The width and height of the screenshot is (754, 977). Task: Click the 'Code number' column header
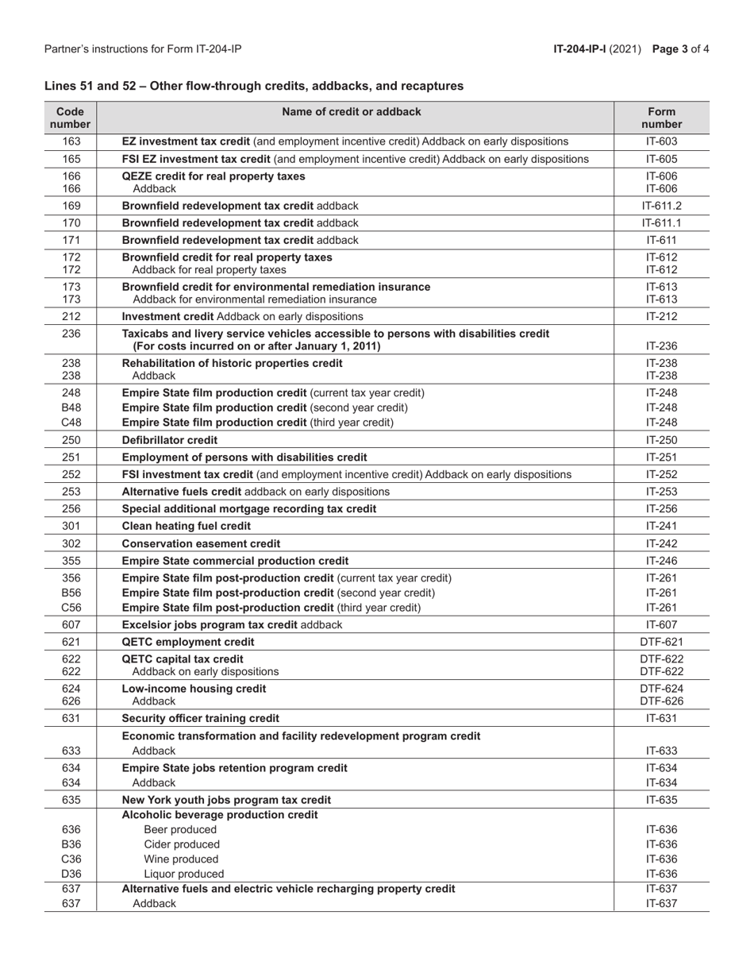[71, 118]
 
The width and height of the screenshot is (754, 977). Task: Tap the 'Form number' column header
[661, 118]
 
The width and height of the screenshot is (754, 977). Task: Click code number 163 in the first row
[71, 141]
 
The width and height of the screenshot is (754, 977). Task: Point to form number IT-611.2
[661, 206]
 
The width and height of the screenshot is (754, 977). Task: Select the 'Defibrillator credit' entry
[169, 440]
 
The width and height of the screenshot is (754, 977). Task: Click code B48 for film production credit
[71, 407]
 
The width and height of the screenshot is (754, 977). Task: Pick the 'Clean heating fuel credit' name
[186, 526]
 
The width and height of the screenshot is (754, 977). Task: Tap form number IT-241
[661, 526]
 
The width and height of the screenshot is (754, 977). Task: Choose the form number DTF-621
[661, 642]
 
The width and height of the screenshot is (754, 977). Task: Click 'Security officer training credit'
[200, 719]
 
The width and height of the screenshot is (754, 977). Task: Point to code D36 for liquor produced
[71, 875]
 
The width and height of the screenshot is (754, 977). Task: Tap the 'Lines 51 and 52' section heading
[254, 86]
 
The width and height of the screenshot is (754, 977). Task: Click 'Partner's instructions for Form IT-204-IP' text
[143, 49]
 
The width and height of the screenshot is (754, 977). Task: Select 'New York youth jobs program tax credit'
[226, 800]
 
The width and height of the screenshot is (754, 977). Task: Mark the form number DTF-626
[661, 701]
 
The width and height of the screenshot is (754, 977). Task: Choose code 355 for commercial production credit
[71, 561]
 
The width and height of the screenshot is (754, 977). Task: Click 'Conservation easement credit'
[201, 544]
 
